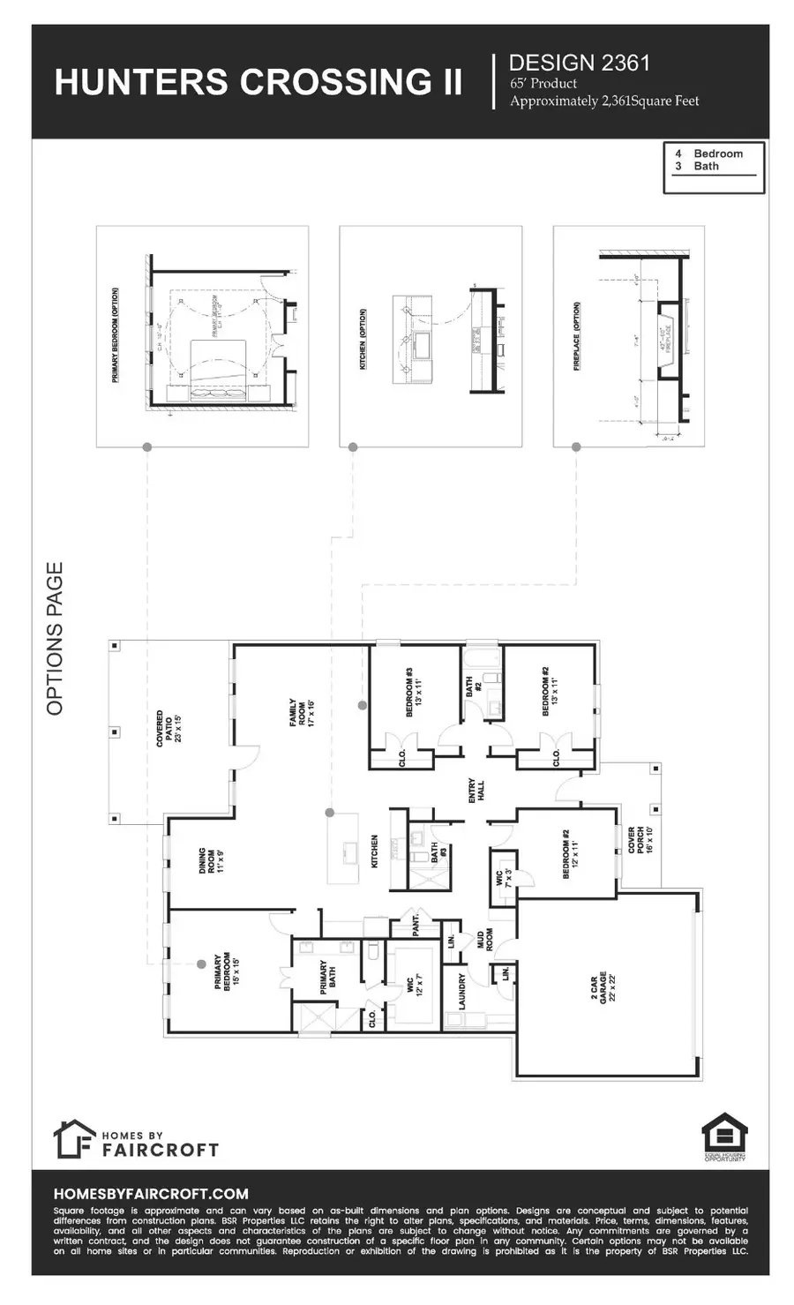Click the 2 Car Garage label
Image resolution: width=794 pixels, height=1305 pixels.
599,986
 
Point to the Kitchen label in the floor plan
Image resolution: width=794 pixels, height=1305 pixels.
374,852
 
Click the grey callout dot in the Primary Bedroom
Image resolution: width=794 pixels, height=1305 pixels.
201,964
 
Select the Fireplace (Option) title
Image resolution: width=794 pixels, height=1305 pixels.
577,337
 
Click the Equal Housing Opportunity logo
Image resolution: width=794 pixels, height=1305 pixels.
724,1137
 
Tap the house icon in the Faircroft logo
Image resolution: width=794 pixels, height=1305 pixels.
73,1139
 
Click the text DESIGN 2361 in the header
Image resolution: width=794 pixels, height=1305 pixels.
580,63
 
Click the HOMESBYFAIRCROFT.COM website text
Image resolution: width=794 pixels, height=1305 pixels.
151,1194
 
